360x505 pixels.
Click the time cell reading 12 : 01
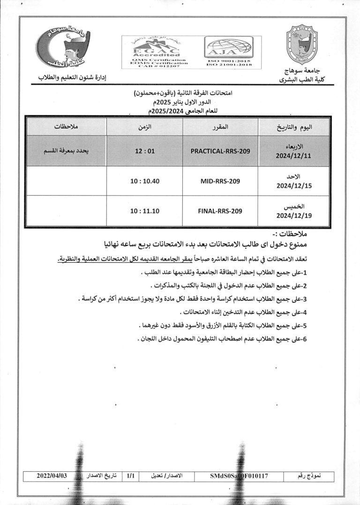pyautogui.click(x=145, y=151)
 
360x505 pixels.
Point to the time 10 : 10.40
pyautogui.click(x=145, y=181)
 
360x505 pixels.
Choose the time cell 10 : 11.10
pyautogui.click(x=145, y=211)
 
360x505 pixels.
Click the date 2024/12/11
pyautogui.click(x=294, y=156)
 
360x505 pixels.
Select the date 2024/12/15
pyautogui.click(x=294, y=186)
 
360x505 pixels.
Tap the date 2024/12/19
pyautogui.click(x=294, y=216)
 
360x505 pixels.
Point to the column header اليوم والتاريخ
pyautogui.click(x=295, y=127)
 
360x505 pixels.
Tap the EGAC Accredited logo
pyautogui.click(x=159, y=52)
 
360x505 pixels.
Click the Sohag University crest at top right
pyautogui.click(x=302, y=47)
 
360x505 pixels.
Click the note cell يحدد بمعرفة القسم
pyautogui.click(x=66, y=151)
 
